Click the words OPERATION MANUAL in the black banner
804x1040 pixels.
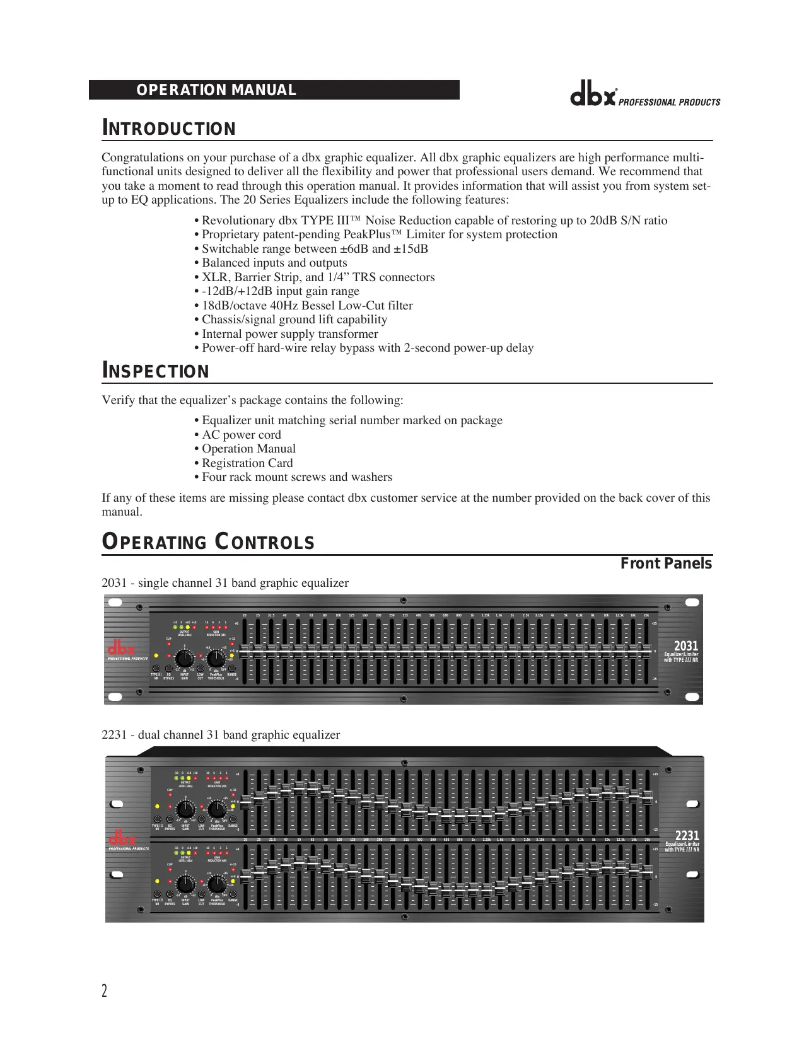[x=216, y=90]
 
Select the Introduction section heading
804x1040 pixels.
[x=169, y=129]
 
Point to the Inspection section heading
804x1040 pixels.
[x=156, y=371]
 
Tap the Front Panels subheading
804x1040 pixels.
[x=666, y=563]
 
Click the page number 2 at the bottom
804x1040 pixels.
[x=105, y=991]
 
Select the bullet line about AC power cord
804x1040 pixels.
[x=242, y=435]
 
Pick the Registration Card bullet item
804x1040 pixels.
[x=247, y=463]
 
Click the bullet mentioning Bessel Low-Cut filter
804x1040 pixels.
[x=307, y=306]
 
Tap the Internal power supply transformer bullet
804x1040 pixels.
[x=289, y=334]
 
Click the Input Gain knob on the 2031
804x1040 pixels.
[x=185, y=659]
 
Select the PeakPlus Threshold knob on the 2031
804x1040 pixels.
[x=216, y=659]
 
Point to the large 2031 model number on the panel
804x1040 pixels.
[x=686, y=646]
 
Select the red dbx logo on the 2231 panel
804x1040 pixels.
[x=122, y=840]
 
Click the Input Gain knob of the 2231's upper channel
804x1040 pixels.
[x=185, y=809]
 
